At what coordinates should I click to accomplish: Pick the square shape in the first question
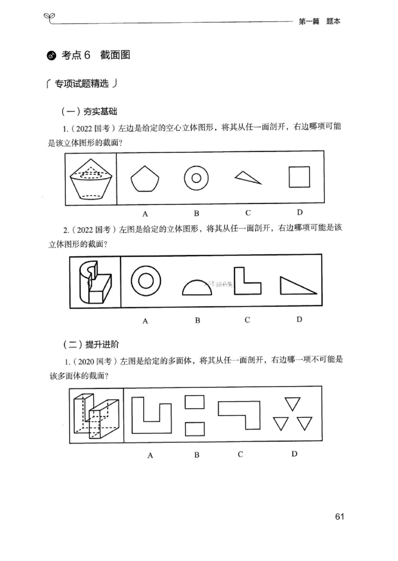pyautogui.click(x=299, y=177)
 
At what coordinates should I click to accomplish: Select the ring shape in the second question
pyautogui.click(x=145, y=281)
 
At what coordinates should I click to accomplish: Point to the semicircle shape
pyautogui.click(x=198, y=288)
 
